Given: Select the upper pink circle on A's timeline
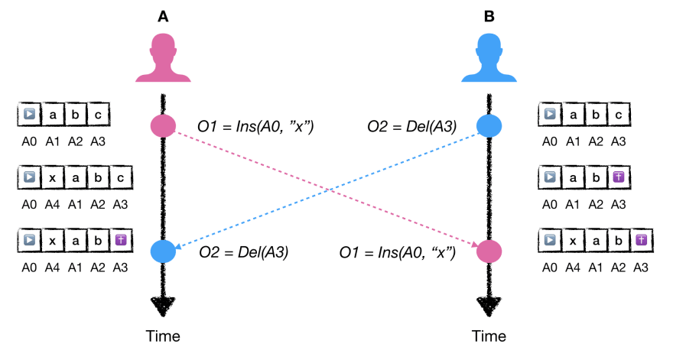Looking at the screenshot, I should (x=163, y=125).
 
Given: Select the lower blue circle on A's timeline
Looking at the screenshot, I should (x=163, y=251).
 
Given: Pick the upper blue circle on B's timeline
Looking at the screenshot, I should (x=489, y=125).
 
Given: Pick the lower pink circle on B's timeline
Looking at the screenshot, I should (x=489, y=251).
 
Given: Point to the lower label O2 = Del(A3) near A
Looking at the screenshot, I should (x=243, y=251).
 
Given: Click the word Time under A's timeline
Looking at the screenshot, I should (x=163, y=336).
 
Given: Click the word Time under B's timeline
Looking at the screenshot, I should (x=489, y=336).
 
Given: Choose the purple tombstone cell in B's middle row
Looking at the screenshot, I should (x=621, y=178).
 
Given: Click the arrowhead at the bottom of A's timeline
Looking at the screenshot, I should (x=163, y=306).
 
